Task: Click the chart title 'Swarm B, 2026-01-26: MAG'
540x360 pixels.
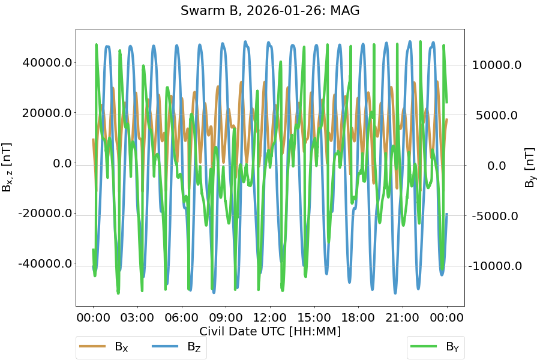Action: tap(270, 11)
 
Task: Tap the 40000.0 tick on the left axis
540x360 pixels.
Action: tap(47, 63)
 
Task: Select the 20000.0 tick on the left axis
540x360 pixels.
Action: tap(47, 113)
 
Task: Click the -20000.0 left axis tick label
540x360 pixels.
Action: tap(46, 214)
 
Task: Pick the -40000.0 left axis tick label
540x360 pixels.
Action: tap(46, 264)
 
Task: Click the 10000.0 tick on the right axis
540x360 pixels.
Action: tap(497, 65)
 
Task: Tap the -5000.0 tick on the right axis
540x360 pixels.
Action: tap(496, 215)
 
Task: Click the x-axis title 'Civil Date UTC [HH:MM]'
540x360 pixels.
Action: tap(270, 331)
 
